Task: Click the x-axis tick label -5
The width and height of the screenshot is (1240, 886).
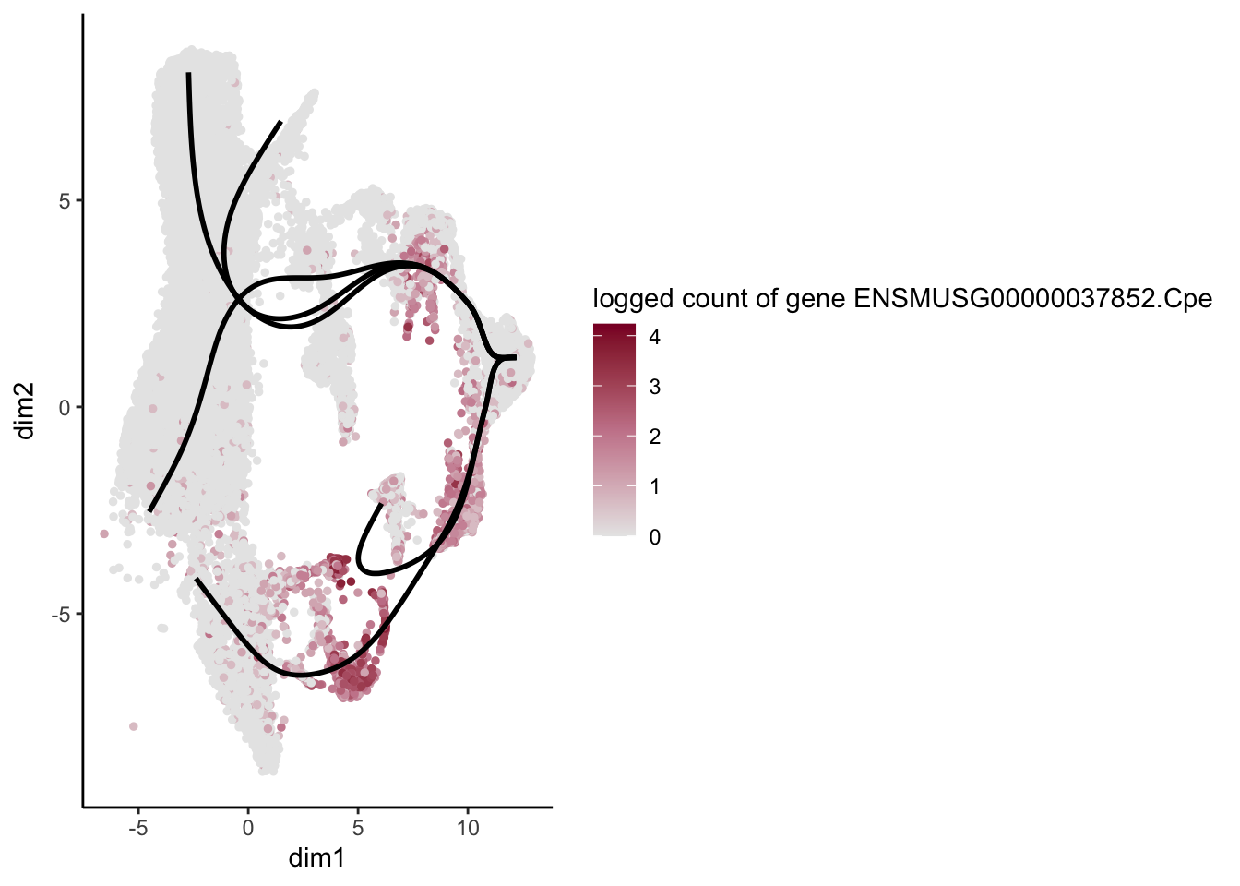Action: [x=137, y=828]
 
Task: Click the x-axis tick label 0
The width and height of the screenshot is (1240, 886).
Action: [x=247, y=828]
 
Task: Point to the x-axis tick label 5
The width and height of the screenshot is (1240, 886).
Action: [x=358, y=828]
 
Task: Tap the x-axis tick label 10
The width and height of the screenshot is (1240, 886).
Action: [x=468, y=828]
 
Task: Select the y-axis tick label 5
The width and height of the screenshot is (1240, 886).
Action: [x=66, y=201]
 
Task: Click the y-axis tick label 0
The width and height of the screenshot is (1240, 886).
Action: [x=66, y=407]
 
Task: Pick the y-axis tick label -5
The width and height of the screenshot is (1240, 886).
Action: [x=61, y=614]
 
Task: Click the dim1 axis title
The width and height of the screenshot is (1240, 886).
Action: [x=316, y=858]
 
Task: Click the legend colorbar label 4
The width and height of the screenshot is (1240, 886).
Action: [x=654, y=337]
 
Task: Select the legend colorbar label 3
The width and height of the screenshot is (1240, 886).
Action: [x=654, y=387]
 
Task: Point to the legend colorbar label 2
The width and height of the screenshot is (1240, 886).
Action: [x=654, y=437]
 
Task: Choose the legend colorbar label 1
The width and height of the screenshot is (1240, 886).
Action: [x=654, y=486]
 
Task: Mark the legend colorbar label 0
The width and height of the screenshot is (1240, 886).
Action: [x=654, y=537]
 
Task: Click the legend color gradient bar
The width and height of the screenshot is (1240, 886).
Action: [x=614, y=429]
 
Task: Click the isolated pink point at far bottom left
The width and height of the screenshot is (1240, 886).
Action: [x=133, y=726]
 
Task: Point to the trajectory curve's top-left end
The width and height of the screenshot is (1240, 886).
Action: [x=188, y=74]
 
